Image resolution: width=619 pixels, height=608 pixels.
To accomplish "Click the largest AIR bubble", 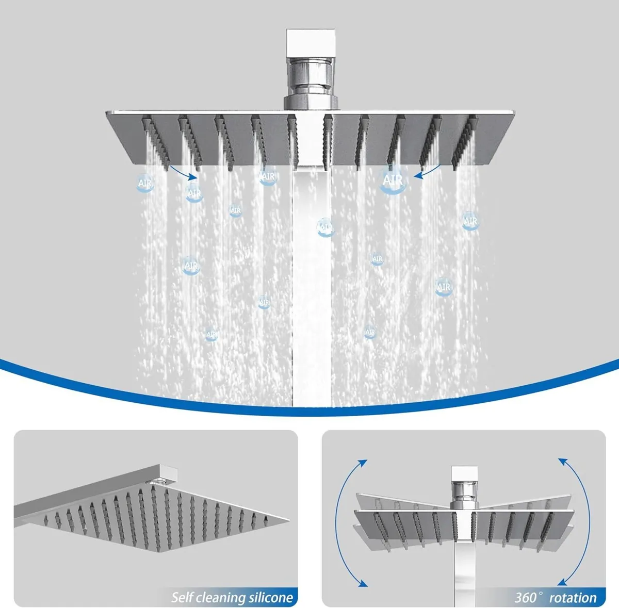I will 392,180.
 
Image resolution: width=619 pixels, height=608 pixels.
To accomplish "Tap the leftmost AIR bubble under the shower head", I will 145,184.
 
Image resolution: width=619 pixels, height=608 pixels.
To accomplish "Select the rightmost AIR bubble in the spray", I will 470,221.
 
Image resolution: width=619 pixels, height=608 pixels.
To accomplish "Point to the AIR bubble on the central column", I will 324,226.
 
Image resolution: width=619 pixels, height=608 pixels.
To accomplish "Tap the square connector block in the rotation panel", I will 463,474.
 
